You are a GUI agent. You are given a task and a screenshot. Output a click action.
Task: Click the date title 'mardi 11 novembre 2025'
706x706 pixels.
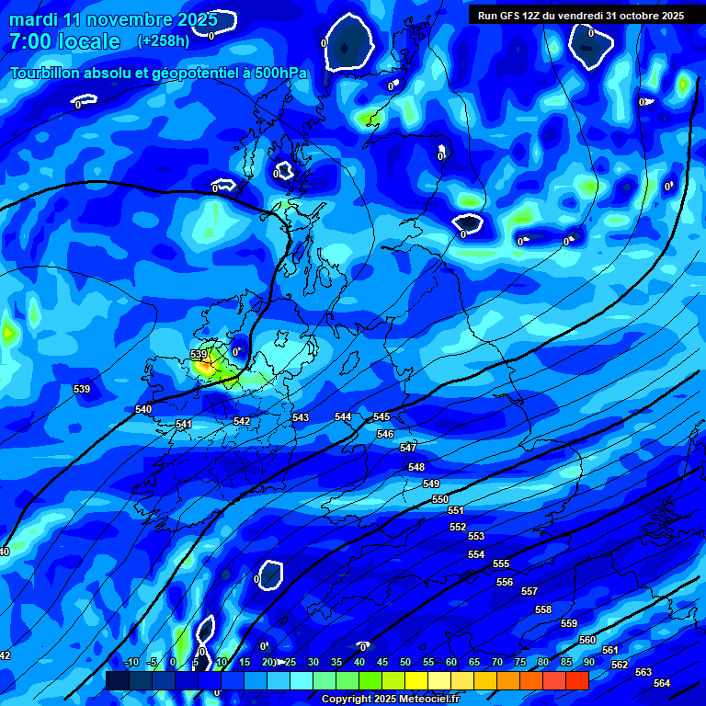click(x=113, y=19)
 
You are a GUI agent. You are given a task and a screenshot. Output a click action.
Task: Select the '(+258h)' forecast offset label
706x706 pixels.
click(x=164, y=41)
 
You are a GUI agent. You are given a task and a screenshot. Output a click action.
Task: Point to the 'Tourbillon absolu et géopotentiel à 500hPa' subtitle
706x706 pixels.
click(x=158, y=73)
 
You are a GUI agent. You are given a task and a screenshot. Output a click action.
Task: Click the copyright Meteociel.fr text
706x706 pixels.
click(x=390, y=699)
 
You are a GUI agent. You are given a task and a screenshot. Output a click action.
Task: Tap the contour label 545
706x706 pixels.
click(x=381, y=417)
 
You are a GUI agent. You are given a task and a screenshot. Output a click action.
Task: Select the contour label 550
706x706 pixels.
click(x=440, y=499)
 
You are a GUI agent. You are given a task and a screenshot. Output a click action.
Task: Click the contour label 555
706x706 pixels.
click(x=501, y=564)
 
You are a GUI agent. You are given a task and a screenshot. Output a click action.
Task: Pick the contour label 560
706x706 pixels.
click(x=587, y=640)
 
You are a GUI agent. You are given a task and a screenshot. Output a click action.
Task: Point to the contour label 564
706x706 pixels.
click(x=662, y=683)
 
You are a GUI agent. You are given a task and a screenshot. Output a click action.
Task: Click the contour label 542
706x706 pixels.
click(x=242, y=422)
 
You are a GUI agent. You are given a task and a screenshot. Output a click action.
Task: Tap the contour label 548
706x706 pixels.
click(x=416, y=468)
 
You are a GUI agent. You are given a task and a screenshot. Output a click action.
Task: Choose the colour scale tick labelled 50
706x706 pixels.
click(x=405, y=663)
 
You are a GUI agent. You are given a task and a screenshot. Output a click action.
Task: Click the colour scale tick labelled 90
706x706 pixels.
click(x=588, y=663)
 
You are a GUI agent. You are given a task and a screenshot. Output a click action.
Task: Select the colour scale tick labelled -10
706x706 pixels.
click(x=131, y=663)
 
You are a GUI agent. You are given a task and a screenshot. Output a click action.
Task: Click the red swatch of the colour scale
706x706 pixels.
click(x=576, y=680)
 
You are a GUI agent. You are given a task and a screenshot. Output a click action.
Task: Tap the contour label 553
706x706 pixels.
click(x=476, y=537)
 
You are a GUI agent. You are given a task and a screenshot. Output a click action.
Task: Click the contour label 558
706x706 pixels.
click(x=543, y=610)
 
